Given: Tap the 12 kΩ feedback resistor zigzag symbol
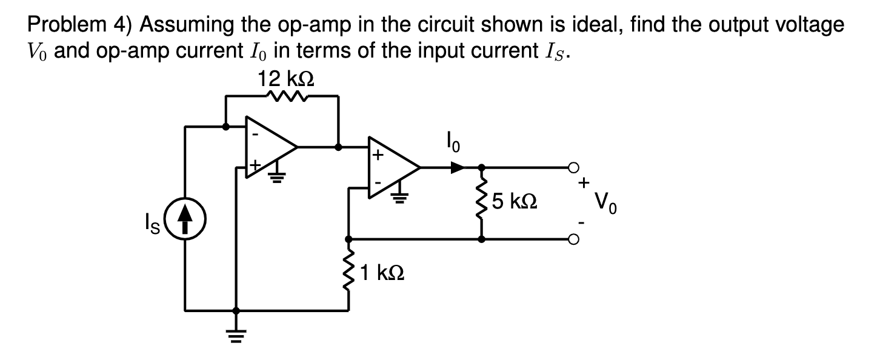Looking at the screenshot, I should point(281,96).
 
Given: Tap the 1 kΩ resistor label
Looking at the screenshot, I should point(381,273).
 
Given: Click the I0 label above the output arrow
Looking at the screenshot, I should point(453,146).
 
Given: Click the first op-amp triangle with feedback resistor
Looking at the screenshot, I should point(267,147).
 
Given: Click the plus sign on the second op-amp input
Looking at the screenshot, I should point(377,155).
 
